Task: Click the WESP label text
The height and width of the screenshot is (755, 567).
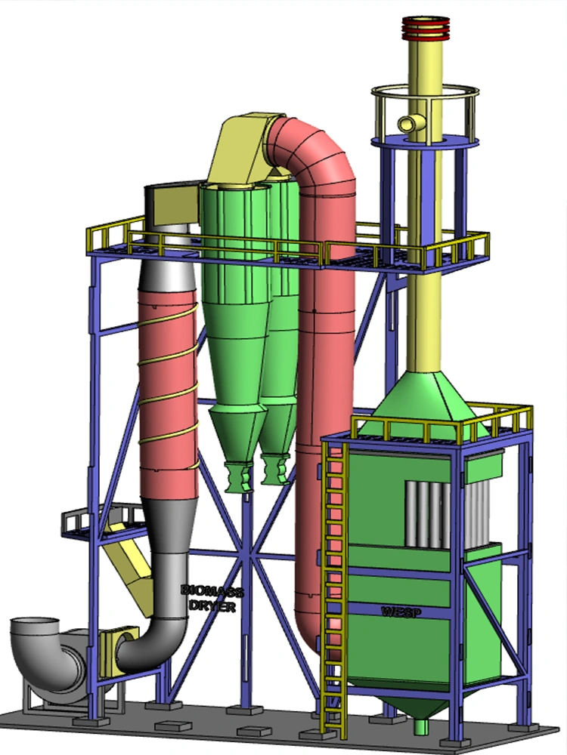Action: tap(401, 612)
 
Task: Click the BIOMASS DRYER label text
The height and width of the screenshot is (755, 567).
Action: tap(212, 599)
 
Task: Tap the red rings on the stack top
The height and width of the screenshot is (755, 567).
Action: tap(426, 28)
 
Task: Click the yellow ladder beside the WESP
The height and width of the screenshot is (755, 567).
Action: tap(335, 587)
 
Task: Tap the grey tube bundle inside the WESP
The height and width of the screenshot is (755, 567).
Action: tap(448, 513)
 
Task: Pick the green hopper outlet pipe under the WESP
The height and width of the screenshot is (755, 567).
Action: tap(421, 726)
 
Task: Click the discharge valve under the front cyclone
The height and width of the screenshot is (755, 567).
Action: tap(239, 477)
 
